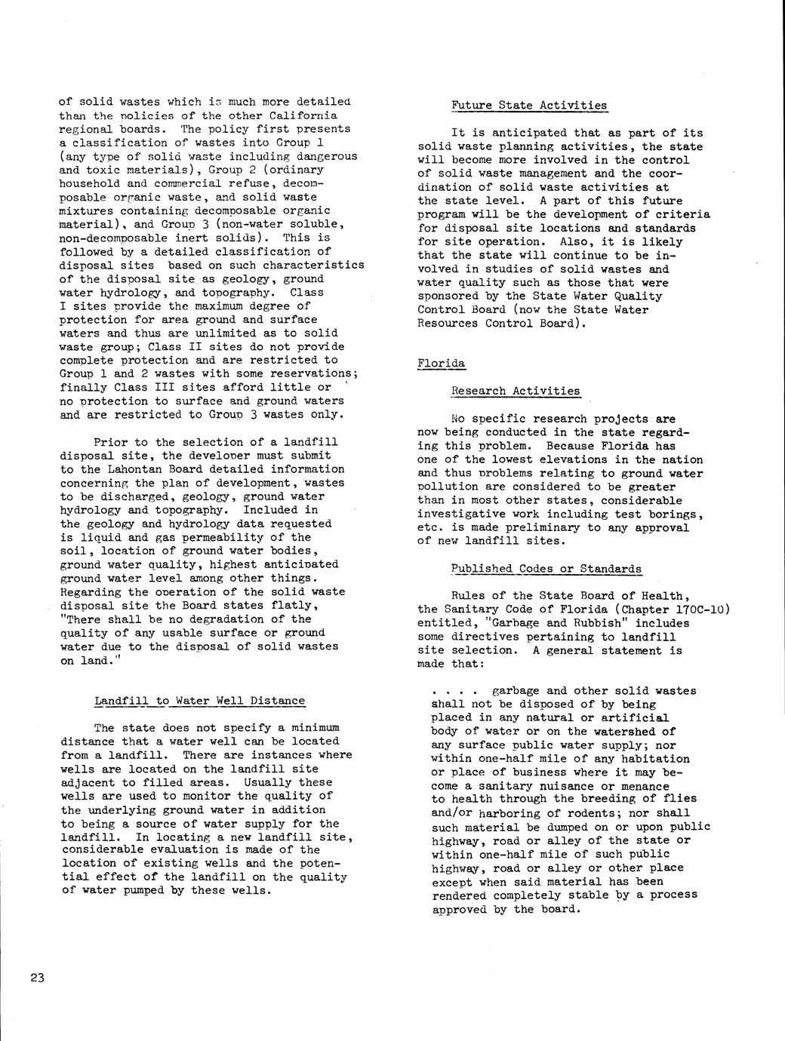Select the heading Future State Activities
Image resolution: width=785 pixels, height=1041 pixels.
(x=528, y=106)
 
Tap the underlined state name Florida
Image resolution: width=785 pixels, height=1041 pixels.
(x=441, y=364)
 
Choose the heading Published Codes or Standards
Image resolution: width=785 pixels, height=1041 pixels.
(x=546, y=569)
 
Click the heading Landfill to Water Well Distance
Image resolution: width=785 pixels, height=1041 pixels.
(x=199, y=701)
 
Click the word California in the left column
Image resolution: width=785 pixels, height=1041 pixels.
(x=303, y=115)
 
